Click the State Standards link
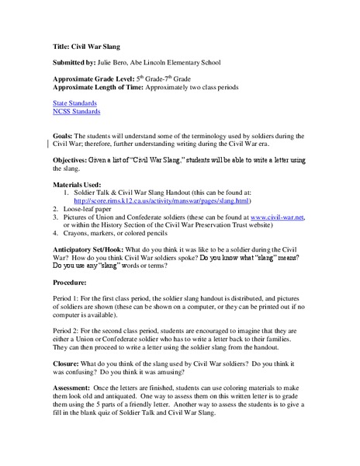pyautogui.click(x=75, y=103)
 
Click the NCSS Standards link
pyautogui.click(x=77, y=112)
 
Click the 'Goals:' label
pyautogui.click(x=66, y=135)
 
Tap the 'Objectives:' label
pyautogui.click(x=75, y=159)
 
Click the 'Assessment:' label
pyautogui.click(x=76, y=386)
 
